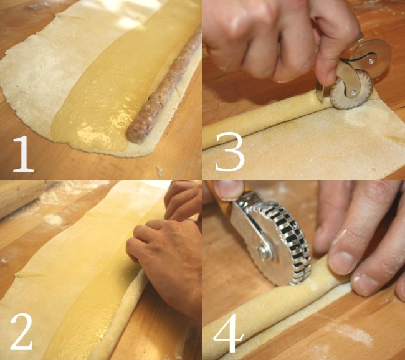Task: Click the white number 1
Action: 24,154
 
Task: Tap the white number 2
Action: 21,331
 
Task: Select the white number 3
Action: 230,151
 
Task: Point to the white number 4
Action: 228,333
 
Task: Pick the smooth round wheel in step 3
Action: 372,58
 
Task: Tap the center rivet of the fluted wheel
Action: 353,92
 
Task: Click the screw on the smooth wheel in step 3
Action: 371,62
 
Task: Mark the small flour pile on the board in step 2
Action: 54,219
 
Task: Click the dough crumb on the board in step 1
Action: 160,171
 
